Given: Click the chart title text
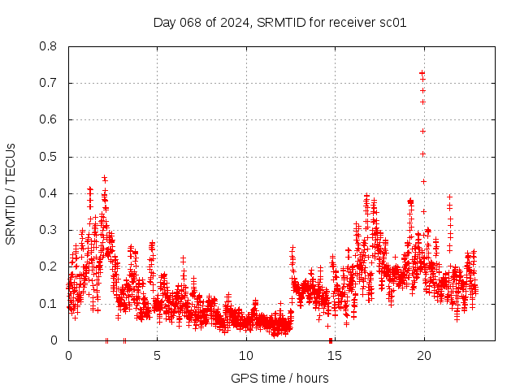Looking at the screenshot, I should (x=279, y=22).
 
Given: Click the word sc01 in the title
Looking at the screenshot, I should (x=392, y=22).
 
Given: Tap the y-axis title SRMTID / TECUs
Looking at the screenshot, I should (x=11, y=193).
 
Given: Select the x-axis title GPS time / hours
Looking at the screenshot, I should (x=279, y=378).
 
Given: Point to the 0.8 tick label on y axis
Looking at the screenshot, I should (x=48, y=46).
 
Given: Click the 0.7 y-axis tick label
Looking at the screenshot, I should (x=48, y=83).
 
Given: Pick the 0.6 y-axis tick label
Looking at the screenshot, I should (x=48, y=119).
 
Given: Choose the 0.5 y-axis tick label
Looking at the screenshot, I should (x=48, y=157).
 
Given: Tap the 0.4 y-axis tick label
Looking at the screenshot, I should (x=48, y=193).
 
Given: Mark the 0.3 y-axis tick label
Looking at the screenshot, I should (x=48, y=230).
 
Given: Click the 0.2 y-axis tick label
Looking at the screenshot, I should (x=48, y=266).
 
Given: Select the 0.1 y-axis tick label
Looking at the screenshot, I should (x=48, y=303).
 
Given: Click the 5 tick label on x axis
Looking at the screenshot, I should (x=157, y=355).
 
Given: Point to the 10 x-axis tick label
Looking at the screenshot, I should (x=246, y=355).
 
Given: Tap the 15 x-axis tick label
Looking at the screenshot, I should (x=336, y=355).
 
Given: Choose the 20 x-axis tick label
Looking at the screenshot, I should (x=424, y=355).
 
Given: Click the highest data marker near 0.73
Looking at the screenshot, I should (x=422, y=73).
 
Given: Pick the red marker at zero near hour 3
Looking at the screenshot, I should (x=124, y=340).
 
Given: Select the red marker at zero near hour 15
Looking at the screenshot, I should (x=331, y=340).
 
